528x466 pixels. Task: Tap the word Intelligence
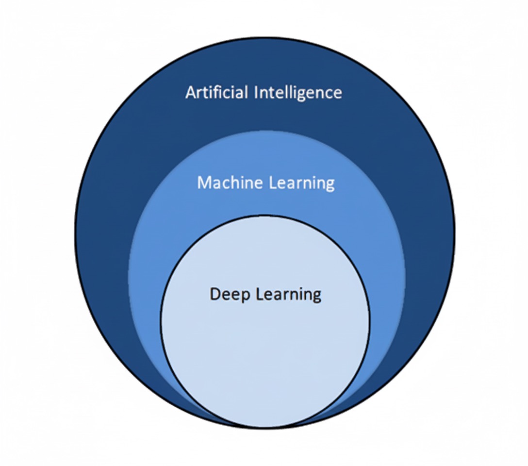coord(298,93)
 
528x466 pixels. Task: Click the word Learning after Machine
coord(302,183)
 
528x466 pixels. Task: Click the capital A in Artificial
coord(191,93)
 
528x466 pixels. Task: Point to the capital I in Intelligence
coord(256,93)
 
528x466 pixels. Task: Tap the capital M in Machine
coord(204,183)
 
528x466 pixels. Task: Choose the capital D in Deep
coord(215,294)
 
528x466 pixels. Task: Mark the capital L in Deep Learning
coord(260,294)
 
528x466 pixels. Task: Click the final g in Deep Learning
coord(317,297)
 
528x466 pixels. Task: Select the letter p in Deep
coord(246,297)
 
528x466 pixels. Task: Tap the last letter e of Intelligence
coord(338,95)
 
